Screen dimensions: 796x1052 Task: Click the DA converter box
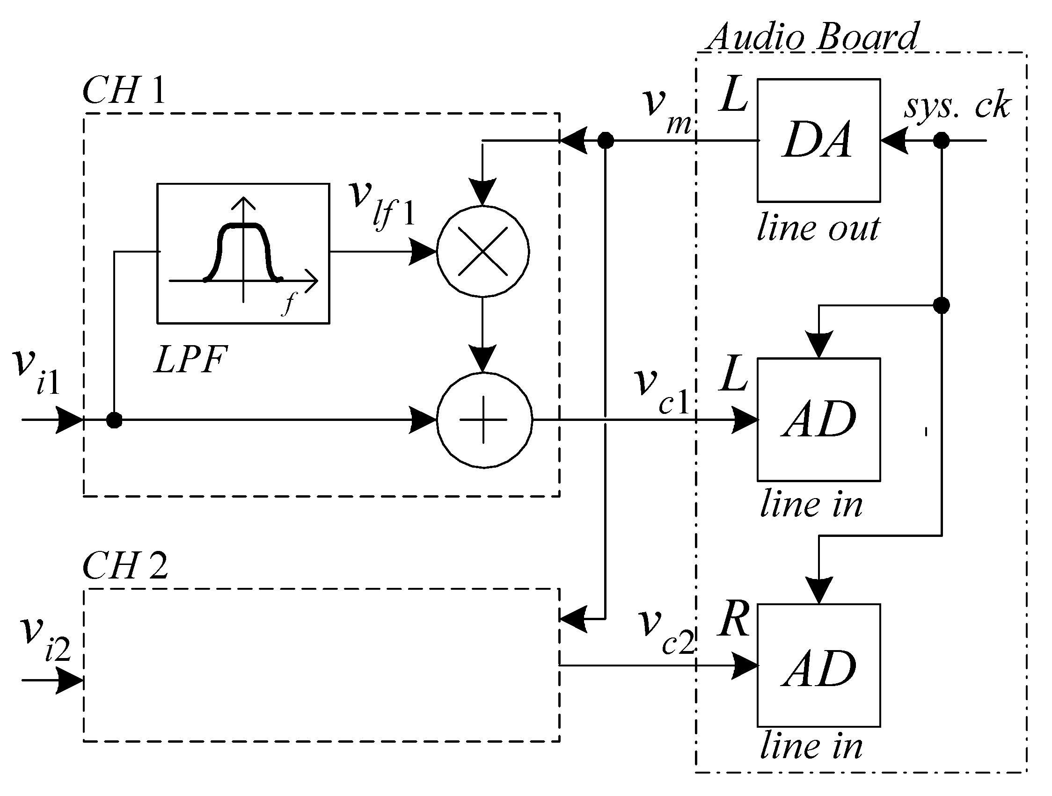pyautogui.click(x=818, y=140)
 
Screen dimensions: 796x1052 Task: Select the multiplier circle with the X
pyautogui.click(x=483, y=252)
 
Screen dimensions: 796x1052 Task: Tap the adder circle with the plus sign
pyautogui.click(x=484, y=420)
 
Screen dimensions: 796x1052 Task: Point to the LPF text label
pyautogui.click(x=191, y=359)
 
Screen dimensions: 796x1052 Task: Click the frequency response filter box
pyautogui.click(x=243, y=253)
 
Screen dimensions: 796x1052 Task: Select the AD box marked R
pyautogui.click(x=818, y=666)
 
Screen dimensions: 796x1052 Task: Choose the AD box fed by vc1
pyautogui.click(x=818, y=419)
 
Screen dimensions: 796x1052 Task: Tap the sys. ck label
pyautogui.click(x=957, y=106)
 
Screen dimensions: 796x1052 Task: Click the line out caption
pyautogui.click(x=818, y=229)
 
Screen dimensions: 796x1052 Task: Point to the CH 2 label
pyautogui.click(x=125, y=565)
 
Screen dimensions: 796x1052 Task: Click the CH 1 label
pyautogui.click(x=124, y=90)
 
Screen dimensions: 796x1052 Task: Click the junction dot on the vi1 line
pyautogui.click(x=114, y=420)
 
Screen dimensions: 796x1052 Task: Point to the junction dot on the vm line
pyautogui.click(x=605, y=140)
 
